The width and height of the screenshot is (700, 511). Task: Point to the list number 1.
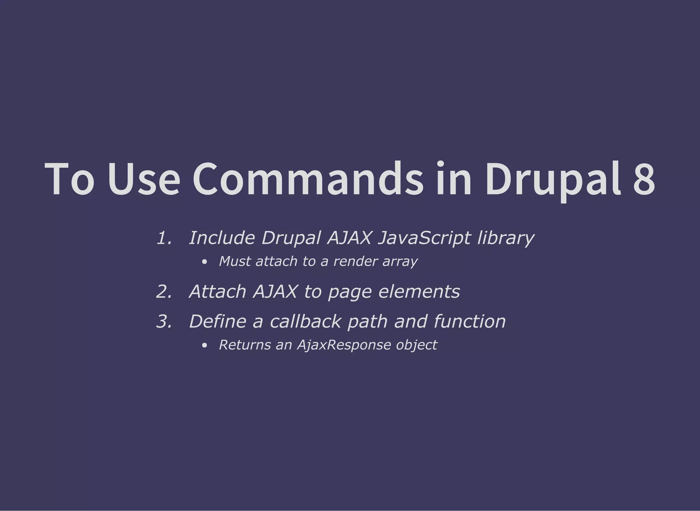tap(164, 238)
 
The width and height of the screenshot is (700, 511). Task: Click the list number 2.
tap(164, 292)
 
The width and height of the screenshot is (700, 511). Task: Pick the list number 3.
tap(164, 322)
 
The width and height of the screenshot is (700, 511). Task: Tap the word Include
tap(222, 238)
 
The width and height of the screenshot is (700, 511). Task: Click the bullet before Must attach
tap(204, 262)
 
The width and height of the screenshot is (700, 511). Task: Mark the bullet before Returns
tap(204, 345)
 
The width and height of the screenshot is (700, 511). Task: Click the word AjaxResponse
tap(344, 345)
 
